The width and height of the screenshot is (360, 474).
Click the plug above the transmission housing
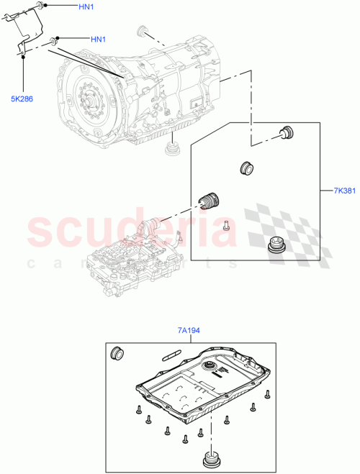(142, 30)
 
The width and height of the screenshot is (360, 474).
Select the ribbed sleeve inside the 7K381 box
(210, 199)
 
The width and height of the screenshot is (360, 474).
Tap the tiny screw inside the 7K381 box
(225, 224)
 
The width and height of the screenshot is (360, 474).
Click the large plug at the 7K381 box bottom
(274, 245)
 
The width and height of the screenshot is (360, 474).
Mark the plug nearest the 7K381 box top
(287, 132)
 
